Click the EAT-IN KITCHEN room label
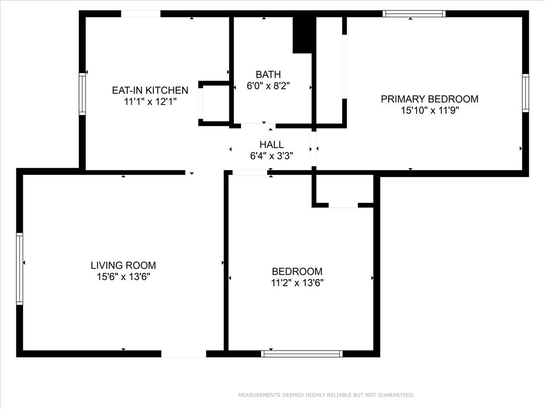coord(150,90)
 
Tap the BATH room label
coord(268,75)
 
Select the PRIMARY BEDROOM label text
coord(429,99)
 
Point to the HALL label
coord(272,145)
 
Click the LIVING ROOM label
coord(123,265)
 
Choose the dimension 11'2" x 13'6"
coord(297,283)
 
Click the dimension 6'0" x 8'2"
coord(268,85)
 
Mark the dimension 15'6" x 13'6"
coord(123,276)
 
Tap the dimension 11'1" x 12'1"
coord(150,101)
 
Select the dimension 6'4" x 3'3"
coord(272,156)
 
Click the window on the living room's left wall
coord(20,268)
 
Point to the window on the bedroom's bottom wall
coord(302,354)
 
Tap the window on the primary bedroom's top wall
coord(414,14)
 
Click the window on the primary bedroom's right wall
coord(525,93)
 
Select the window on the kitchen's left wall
coord(82,94)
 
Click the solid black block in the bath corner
coord(303,35)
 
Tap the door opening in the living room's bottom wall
coord(183,354)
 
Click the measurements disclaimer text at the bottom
coord(326,395)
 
